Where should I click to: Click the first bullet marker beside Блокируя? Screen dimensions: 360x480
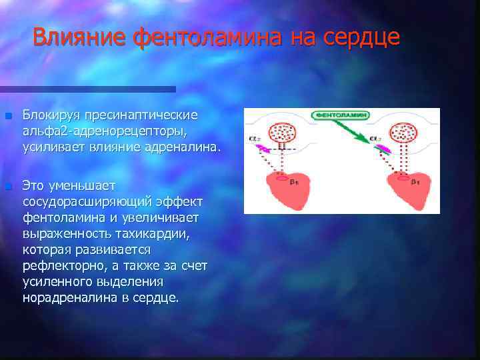coord(7,116)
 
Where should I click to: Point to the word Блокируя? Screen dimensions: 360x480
coord(55,115)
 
